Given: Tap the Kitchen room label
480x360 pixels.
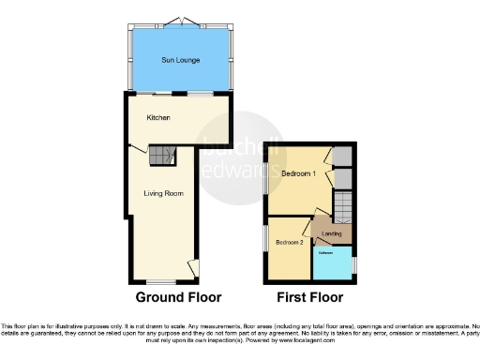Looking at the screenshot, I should (157, 118).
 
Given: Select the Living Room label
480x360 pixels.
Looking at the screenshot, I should (162, 193).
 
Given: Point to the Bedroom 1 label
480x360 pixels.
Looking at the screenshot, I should (298, 174).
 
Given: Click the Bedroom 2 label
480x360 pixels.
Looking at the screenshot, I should (288, 242).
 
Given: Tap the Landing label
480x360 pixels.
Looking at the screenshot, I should (330, 233).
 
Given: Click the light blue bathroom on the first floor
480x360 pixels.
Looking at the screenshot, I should (332, 262).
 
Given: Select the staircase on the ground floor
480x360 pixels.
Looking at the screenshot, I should (163, 156).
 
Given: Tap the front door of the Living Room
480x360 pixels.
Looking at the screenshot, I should (192, 268).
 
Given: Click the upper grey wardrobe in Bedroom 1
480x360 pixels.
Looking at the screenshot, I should (343, 156).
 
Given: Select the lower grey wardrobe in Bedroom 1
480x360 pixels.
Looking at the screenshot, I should (343, 179).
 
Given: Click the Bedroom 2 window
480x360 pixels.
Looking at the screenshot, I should (265, 238).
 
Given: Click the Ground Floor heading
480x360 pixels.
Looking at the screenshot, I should (179, 298).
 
